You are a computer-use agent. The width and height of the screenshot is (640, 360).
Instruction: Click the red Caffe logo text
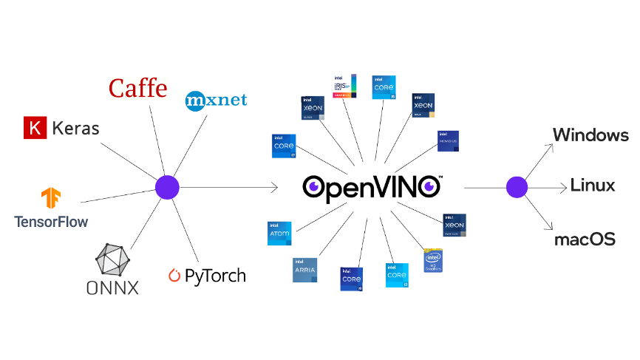137,88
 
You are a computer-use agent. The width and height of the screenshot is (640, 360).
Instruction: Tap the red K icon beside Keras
33,128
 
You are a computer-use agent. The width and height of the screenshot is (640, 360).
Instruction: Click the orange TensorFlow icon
51,198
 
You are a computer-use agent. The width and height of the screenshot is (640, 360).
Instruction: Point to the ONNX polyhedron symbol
113,261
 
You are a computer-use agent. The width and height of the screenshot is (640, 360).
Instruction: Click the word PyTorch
214,276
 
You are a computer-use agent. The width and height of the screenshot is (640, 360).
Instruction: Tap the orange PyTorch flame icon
174,276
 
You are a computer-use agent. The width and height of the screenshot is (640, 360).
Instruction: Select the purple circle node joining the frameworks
166,187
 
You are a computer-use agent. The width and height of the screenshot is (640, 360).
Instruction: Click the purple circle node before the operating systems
517,187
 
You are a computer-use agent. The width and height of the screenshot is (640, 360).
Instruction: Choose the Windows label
590,135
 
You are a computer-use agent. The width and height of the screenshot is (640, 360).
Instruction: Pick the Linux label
592,186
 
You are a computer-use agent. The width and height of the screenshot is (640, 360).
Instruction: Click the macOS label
585,240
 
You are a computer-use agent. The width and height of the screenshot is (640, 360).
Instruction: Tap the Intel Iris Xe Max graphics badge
344,86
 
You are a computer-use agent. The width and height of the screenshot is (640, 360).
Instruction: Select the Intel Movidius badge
448,141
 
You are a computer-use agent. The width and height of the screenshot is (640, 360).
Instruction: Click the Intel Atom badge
279,233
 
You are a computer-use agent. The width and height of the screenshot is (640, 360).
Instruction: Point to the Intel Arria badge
304,270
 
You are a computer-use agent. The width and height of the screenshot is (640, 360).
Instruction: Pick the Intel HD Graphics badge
433,260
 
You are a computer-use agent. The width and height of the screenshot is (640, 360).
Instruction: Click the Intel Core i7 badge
284,146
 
